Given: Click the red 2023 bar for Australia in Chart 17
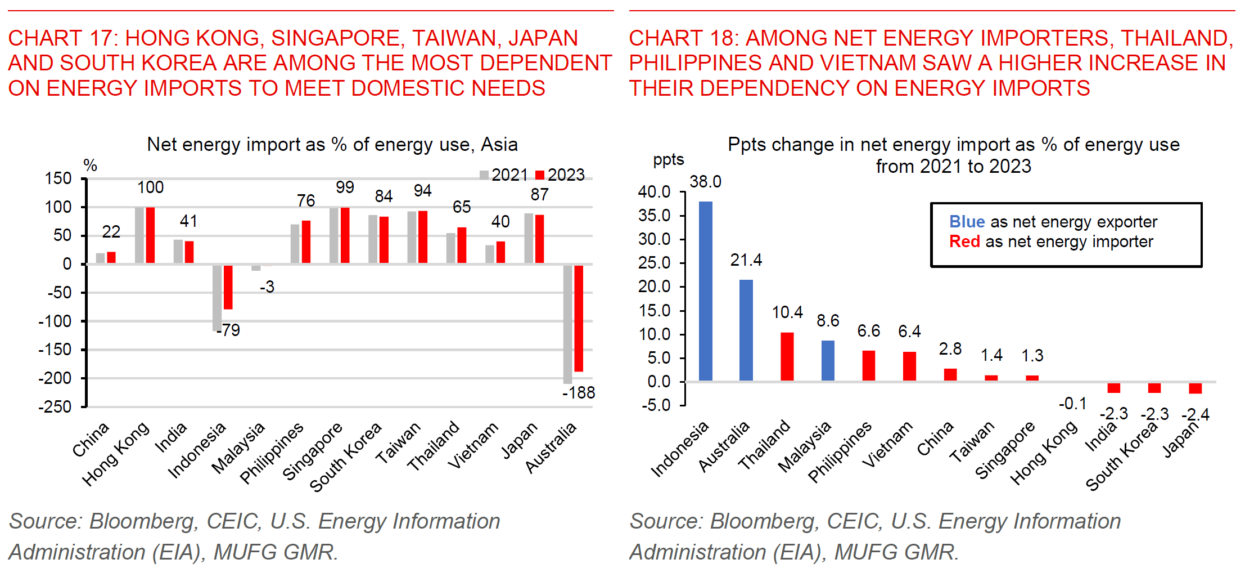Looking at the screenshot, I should (x=579, y=318).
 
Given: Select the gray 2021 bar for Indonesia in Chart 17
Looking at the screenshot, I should (x=217, y=298).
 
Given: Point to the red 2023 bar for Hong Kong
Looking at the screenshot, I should (x=150, y=235).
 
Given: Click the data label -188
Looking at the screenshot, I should (x=579, y=393).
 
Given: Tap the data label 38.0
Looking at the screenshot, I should (x=705, y=182).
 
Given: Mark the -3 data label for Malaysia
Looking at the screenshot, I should (x=267, y=287).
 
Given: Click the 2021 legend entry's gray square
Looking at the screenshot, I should (x=484, y=175).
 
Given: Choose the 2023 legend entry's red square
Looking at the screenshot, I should (x=540, y=175).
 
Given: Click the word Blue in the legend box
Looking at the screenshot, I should (x=967, y=222).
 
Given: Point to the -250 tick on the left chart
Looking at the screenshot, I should (x=55, y=407).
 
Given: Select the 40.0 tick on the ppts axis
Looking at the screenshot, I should (x=654, y=192).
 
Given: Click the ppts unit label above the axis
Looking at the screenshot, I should (x=668, y=160).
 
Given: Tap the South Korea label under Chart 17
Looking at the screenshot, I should (x=345, y=457).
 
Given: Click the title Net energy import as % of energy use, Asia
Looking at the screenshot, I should (x=332, y=145).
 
